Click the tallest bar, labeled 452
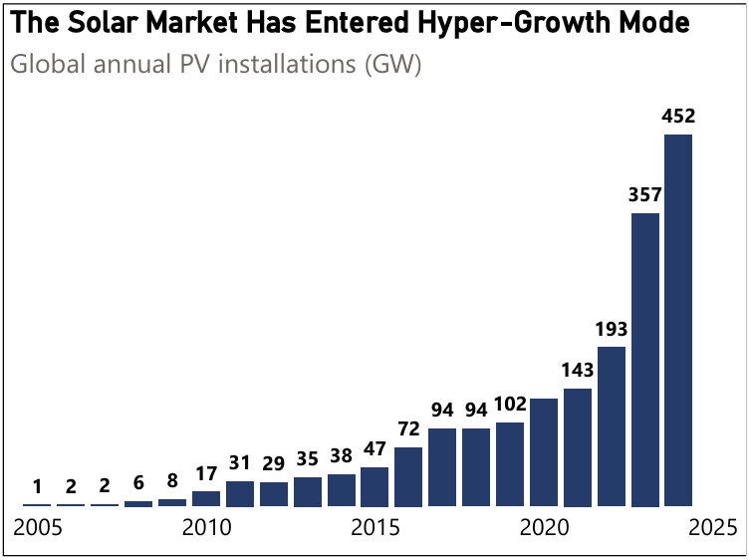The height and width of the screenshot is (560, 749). (678, 320)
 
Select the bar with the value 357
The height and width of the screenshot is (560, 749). (645, 359)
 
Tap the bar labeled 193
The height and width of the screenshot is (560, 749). (612, 426)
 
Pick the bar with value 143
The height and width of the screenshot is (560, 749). (578, 446)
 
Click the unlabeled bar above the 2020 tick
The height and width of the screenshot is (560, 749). (544, 451)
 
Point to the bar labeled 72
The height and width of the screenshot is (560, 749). (408, 476)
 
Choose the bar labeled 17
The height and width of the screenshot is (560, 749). (206, 498)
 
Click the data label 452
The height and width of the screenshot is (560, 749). (678, 117)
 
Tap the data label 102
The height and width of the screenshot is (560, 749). (510, 406)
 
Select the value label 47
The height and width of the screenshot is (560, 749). (374, 449)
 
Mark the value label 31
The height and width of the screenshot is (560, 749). (240, 463)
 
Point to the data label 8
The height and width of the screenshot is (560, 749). (172, 481)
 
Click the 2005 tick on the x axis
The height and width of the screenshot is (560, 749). (37, 526)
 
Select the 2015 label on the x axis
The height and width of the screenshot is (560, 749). (374, 526)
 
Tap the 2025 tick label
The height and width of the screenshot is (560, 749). (712, 526)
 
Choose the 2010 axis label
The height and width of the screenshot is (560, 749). (206, 526)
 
